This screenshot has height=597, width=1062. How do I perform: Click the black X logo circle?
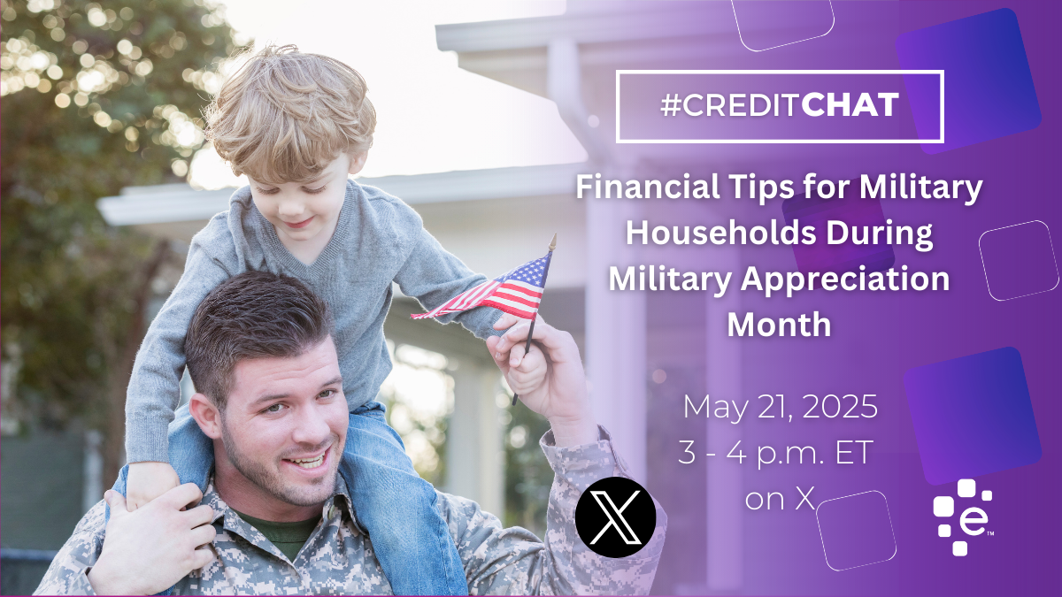coord(615,517)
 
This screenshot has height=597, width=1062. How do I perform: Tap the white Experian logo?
coord(963,517)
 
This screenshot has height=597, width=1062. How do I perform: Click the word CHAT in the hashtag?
coord(850,104)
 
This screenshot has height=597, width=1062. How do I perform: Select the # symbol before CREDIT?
coord(671,105)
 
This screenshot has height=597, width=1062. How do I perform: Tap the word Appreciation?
coord(845,279)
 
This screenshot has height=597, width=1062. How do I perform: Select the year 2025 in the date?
coord(839,407)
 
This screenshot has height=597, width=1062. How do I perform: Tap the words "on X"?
coord(780,499)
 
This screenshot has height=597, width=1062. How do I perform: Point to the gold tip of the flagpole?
coord(552,241)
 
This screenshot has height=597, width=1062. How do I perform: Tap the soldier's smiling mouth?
coord(308,459)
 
